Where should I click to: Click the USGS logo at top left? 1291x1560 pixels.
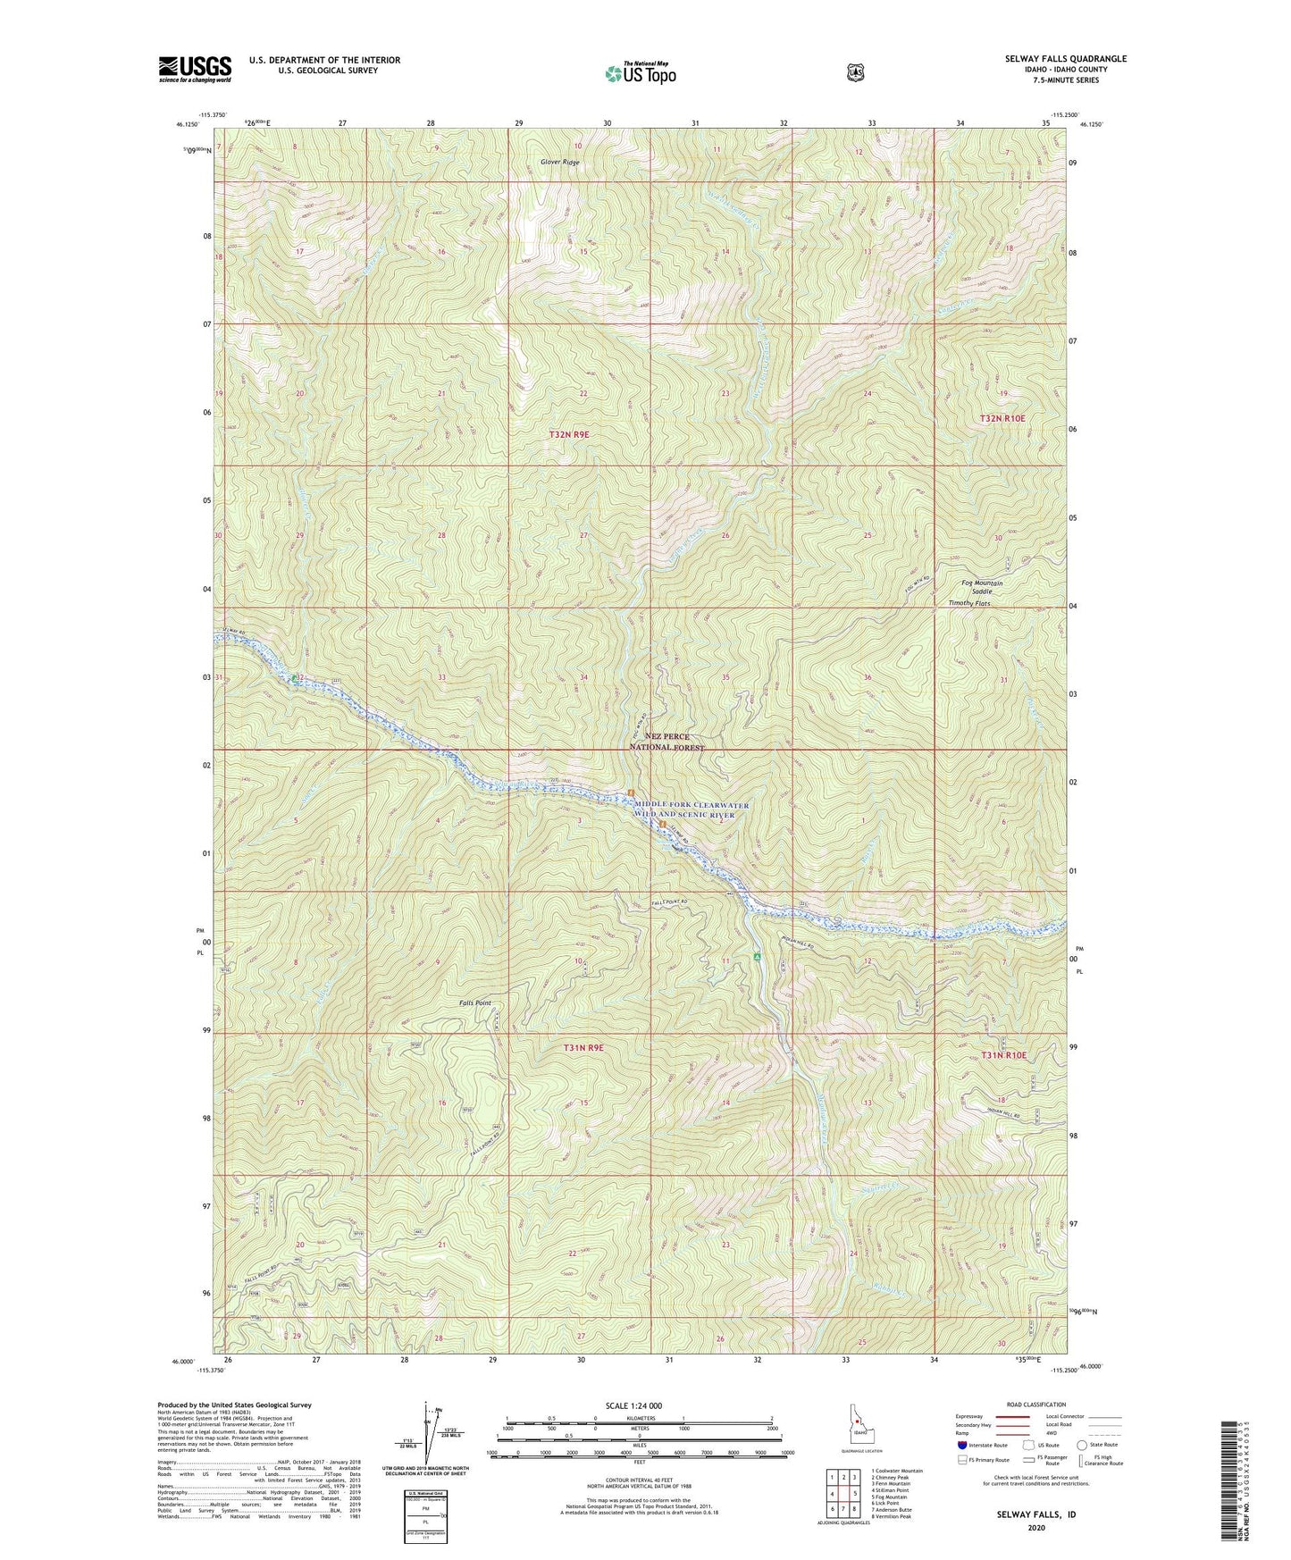[195, 69]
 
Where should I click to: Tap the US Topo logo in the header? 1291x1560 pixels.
[640, 73]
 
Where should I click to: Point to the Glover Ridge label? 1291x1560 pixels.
[559, 162]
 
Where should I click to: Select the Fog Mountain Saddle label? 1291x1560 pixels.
[982, 588]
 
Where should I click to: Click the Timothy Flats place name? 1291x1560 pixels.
[968, 604]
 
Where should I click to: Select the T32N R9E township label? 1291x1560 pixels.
[569, 434]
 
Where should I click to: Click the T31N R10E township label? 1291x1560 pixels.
[1003, 1055]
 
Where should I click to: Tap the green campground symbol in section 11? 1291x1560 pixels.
[757, 957]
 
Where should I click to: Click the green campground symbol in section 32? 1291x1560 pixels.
[294, 679]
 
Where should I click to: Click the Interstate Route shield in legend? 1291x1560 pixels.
[961, 1445]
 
